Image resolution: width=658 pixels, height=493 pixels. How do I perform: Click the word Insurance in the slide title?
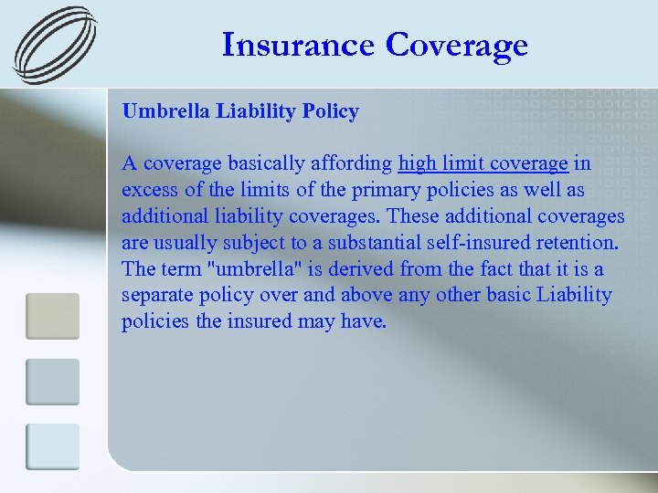[x=299, y=44]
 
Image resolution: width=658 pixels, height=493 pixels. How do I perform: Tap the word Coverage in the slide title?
[x=458, y=44]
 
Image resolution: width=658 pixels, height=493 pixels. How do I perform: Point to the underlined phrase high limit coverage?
[x=483, y=163]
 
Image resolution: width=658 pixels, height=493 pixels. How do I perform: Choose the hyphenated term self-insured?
[x=496, y=243]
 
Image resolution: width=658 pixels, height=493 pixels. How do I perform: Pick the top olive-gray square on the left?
[x=52, y=316]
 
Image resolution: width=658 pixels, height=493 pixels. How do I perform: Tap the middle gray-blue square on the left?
[x=52, y=382]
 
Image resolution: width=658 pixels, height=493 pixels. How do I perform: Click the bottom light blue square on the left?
[x=52, y=447]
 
